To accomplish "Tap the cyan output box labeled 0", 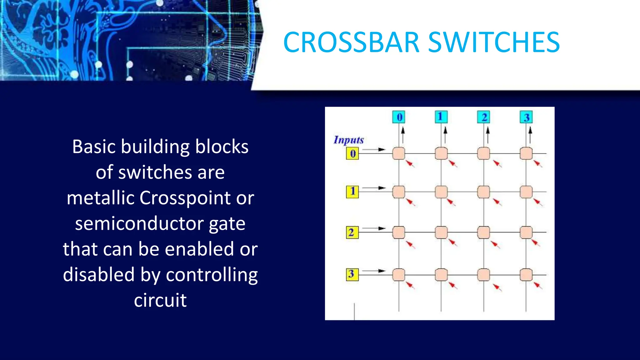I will pos(399,117).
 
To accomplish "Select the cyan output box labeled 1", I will pos(441,117).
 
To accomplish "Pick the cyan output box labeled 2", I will pos(483,117).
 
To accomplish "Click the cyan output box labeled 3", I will pos(526,117).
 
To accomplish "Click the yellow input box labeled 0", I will pos(352,153).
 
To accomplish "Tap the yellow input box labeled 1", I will pos(352,192).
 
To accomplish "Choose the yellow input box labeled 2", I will pos(352,232).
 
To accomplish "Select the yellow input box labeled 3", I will pos(352,274).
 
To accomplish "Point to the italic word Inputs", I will pos(349,140).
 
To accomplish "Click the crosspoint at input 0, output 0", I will pos(399,153).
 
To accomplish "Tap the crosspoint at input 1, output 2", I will pos(483,192).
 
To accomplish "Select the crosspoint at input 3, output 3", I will pos(526,275).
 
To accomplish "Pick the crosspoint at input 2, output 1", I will pos(441,232).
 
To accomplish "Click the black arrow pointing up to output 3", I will pos(530,134).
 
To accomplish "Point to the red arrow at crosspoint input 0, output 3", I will pos(537,163).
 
